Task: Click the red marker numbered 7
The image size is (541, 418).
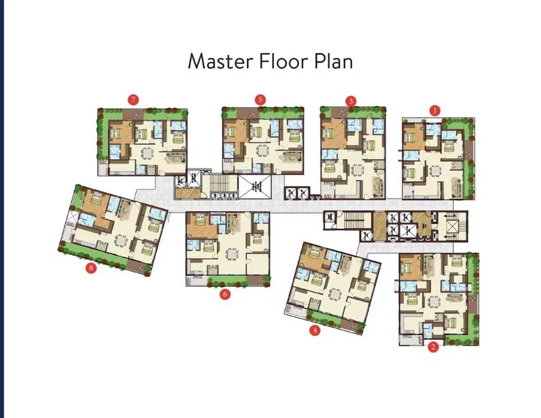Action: tap(133, 100)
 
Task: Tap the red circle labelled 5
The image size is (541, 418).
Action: tap(260, 100)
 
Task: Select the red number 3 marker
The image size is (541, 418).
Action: tap(351, 102)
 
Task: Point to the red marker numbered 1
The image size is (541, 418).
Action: tap(435, 111)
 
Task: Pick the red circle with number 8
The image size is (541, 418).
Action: tap(91, 268)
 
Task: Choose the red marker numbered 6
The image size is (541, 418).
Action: tap(225, 294)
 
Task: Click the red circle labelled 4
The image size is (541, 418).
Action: tap(314, 330)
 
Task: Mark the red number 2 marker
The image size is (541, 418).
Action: tap(434, 347)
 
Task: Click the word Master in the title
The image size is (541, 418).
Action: tap(220, 61)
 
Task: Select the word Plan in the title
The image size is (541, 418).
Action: tap(333, 62)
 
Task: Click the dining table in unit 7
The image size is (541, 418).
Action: tap(147, 153)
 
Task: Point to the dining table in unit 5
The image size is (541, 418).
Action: tap(263, 150)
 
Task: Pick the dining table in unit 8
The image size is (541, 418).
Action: tap(121, 240)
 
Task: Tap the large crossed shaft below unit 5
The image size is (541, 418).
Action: tap(255, 187)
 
